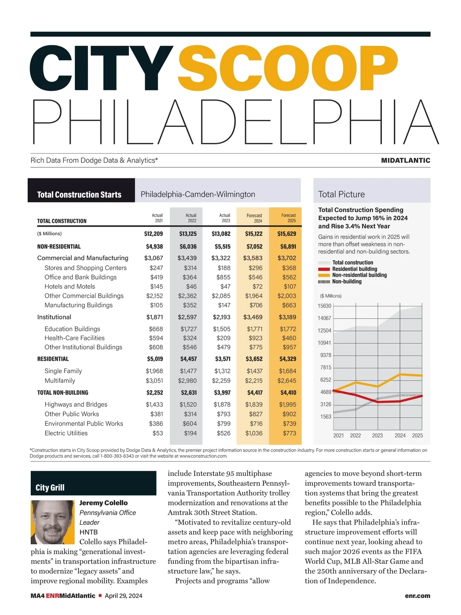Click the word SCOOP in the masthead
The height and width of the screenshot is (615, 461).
(287, 68)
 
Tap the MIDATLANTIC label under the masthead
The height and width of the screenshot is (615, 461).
(405, 160)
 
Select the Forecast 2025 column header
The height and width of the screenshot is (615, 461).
(289, 218)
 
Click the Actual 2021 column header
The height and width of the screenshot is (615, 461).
(157, 218)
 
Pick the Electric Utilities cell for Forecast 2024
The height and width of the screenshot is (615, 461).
(254, 433)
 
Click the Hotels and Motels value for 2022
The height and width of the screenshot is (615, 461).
(191, 286)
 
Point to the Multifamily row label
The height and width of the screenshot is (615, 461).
(60, 381)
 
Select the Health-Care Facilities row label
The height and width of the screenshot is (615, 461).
(75, 338)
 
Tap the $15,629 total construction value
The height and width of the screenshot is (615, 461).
(287, 234)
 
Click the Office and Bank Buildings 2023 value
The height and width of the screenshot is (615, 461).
(223, 277)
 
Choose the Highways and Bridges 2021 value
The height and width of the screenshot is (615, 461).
(154, 404)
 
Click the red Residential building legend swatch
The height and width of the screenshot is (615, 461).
(324, 269)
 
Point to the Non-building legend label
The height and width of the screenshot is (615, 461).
(347, 281)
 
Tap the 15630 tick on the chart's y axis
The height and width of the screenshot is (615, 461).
(324, 306)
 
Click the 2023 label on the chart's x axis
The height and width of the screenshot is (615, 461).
(377, 435)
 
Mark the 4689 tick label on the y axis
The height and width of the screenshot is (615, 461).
(325, 392)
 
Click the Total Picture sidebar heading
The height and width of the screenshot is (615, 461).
(342, 194)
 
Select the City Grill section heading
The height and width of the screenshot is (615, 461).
(50, 488)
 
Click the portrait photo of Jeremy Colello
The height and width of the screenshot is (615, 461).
(52, 522)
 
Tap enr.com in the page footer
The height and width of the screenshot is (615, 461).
(417, 596)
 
